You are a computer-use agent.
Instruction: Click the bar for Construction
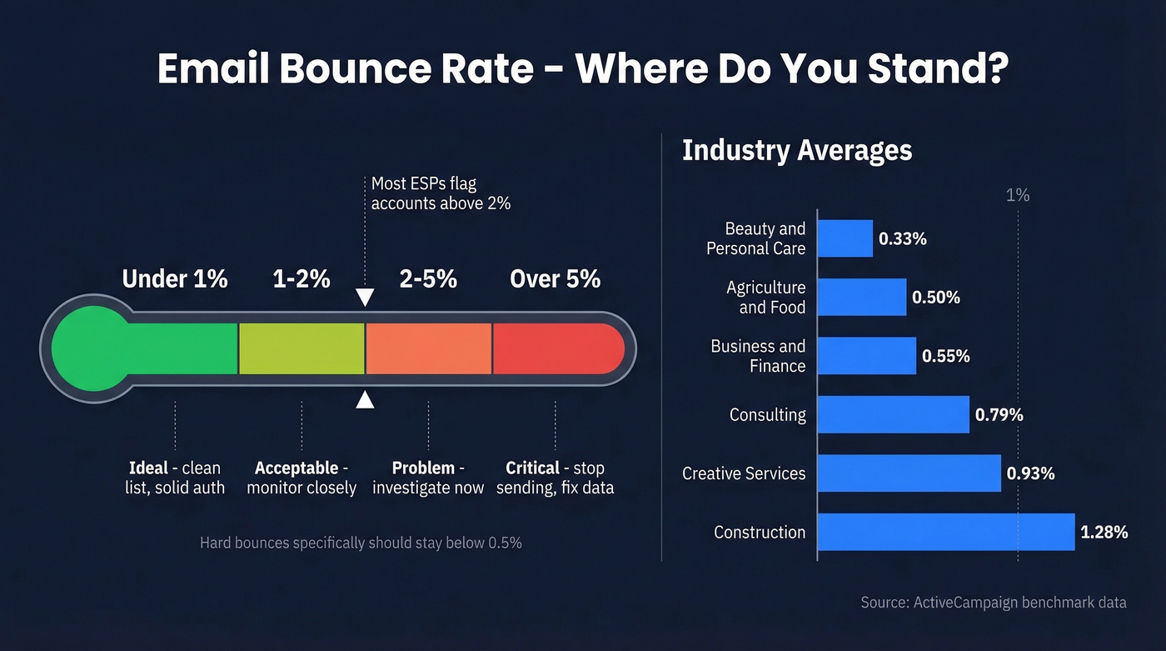pos(946,532)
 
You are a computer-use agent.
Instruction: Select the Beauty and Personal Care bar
pos(845,238)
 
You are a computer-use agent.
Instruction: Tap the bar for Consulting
pos(894,414)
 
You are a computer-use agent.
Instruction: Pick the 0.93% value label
pos(1030,473)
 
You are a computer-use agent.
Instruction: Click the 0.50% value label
pos(935,298)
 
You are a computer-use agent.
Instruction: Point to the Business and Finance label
pos(758,356)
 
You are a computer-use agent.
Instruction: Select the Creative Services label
pos(744,473)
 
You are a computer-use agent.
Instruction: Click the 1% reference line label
pos(1018,195)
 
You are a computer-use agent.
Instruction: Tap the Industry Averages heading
pos(797,151)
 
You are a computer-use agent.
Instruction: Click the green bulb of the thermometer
pos(90,349)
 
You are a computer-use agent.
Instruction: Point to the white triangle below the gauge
pos(365,400)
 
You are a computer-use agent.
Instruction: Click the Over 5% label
pos(555,278)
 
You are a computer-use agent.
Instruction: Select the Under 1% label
pos(175,278)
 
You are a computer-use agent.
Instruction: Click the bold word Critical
pos(532,468)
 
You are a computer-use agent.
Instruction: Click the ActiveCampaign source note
pos(993,602)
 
